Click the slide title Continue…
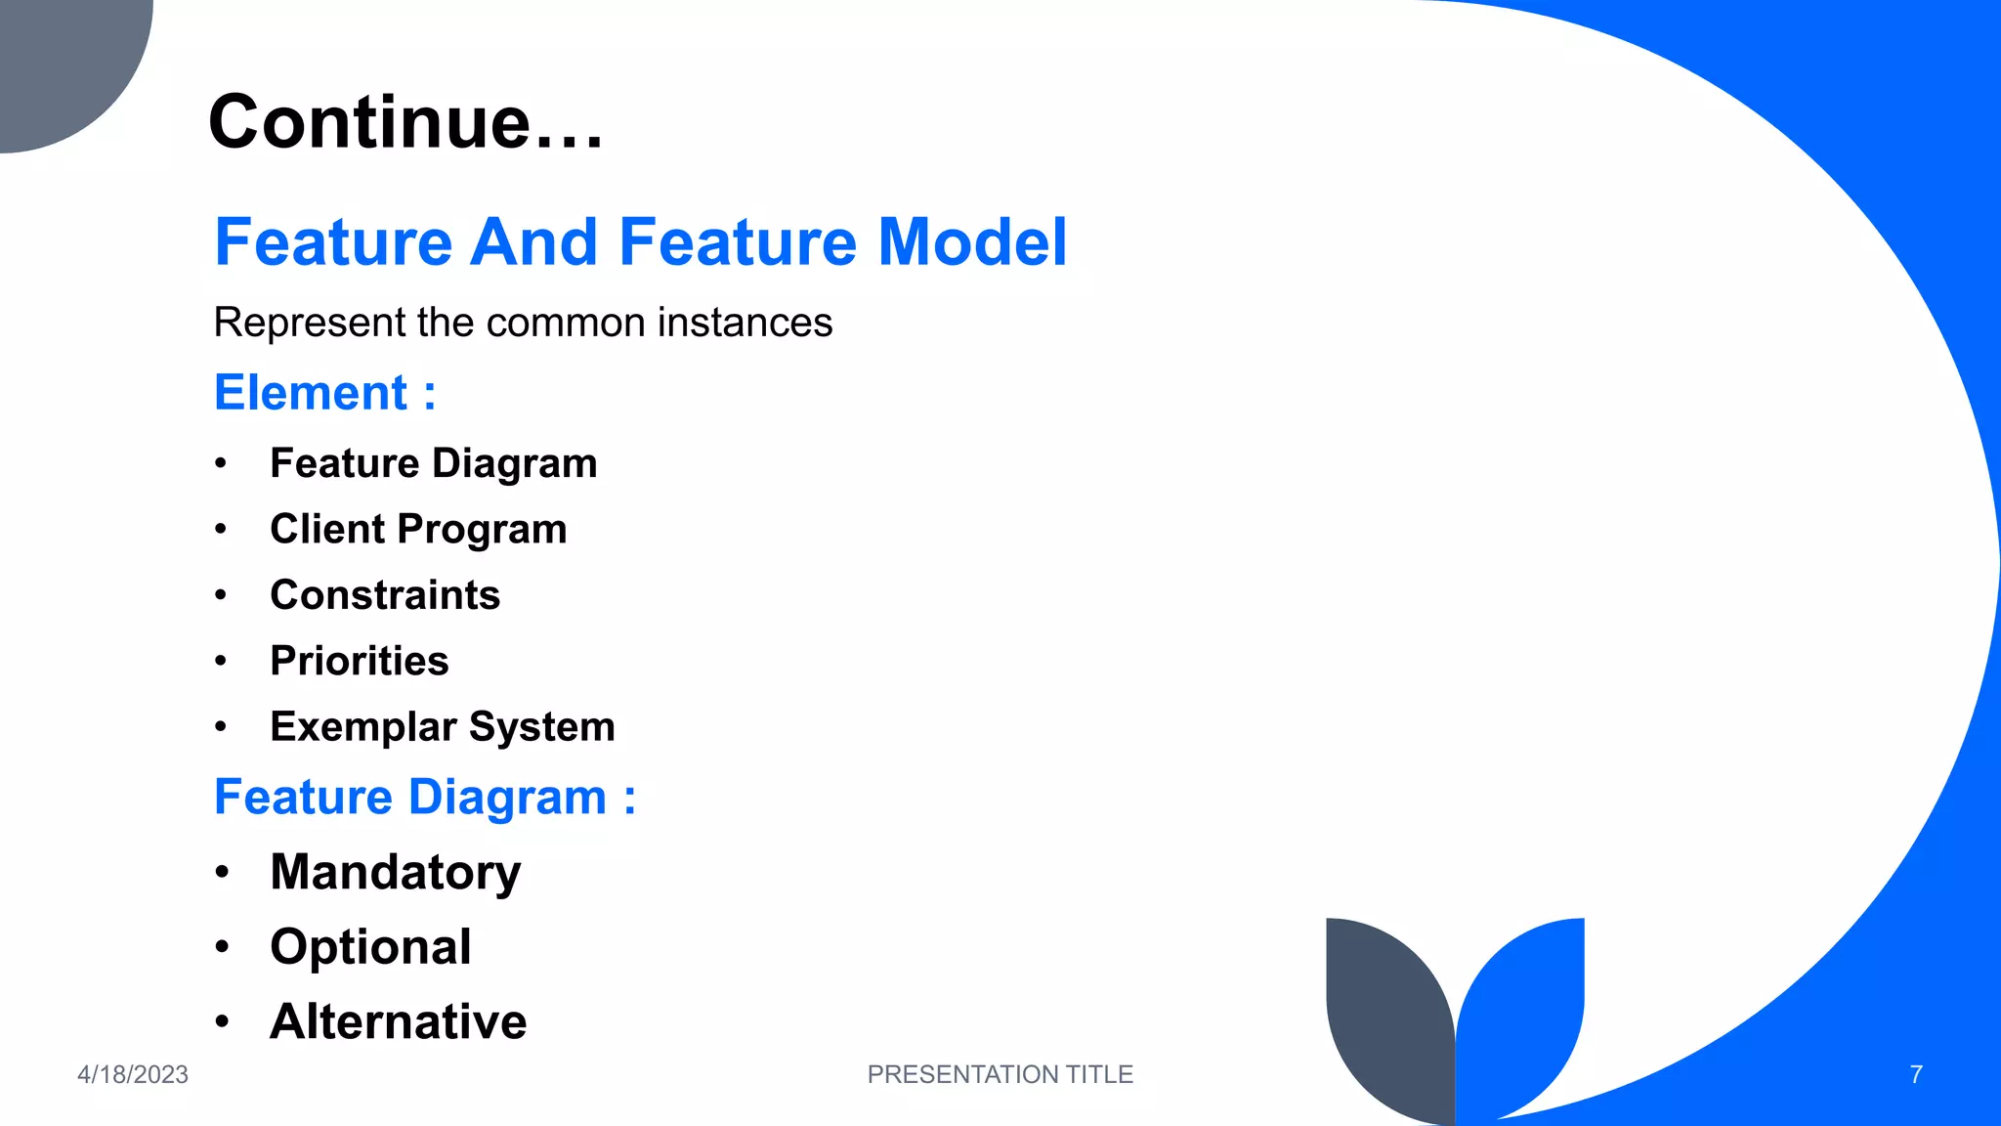[405, 122]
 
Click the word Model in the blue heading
[972, 242]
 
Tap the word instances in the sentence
[745, 323]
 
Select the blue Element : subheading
[324, 393]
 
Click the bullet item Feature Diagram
[433, 463]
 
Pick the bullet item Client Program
[418, 529]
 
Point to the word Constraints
[385, 595]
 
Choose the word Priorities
[360, 661]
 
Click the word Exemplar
[363, 727]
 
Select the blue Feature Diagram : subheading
[425, 797]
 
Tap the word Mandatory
[396, 872]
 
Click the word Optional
[371, 946]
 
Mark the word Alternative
[399, 1021]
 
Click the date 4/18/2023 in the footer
[133, 1074]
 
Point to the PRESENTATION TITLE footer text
[1000, 1074]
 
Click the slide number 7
[1916, 1074]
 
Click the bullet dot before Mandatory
[223, 871]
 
